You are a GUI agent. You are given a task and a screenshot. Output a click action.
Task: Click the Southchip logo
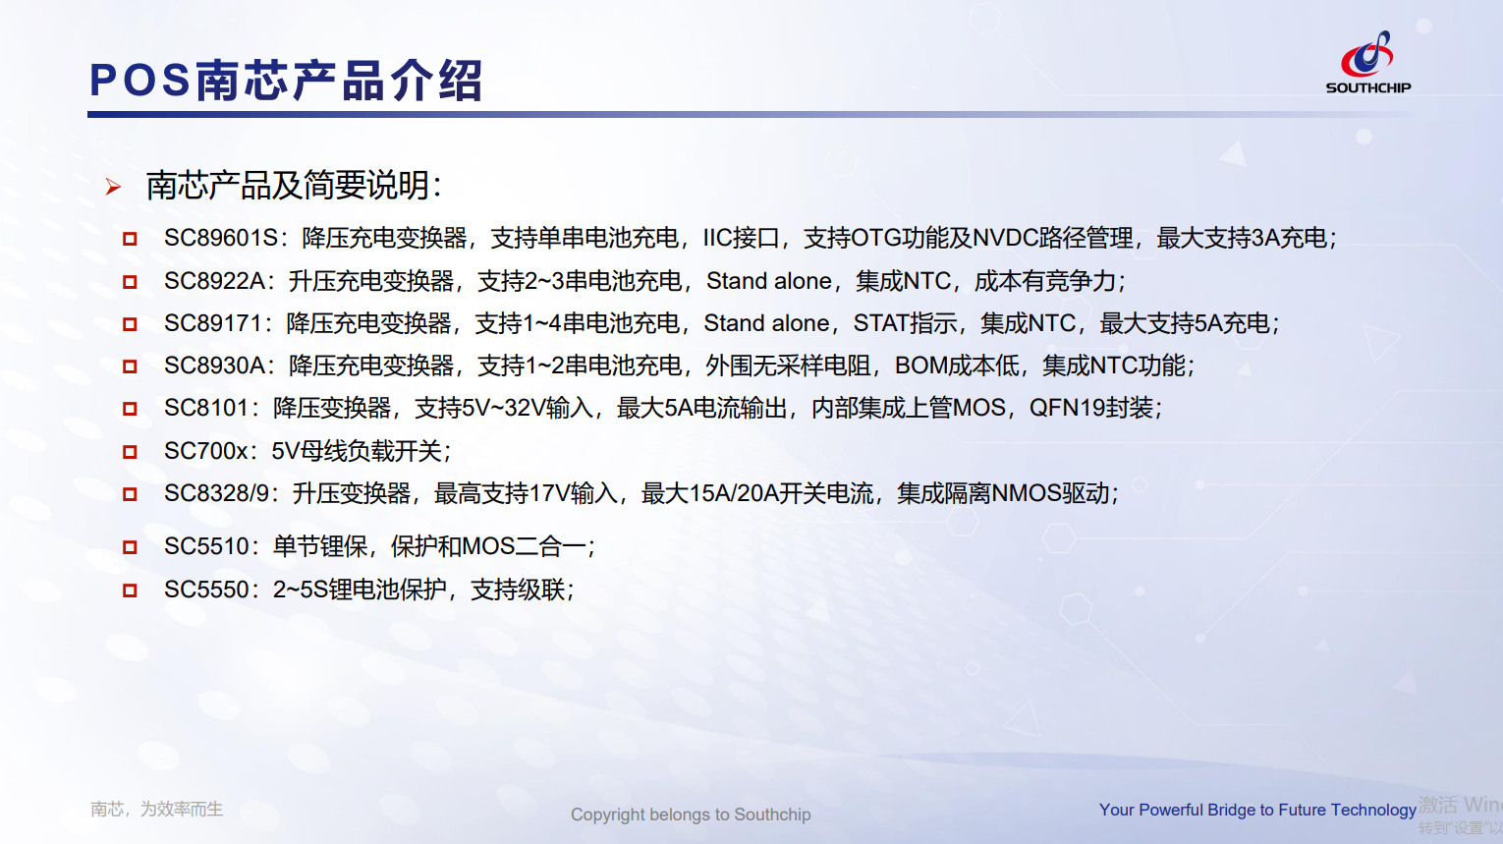(1368, 63)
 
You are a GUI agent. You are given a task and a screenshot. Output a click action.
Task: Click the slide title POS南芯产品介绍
(286, 82)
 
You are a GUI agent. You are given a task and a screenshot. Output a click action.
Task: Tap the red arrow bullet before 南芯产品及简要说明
(113, 187)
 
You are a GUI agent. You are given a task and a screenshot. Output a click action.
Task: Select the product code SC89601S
(221, 238)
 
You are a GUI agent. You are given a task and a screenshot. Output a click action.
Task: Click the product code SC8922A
(215, 281)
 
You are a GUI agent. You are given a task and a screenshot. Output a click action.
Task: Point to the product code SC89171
(213, 323)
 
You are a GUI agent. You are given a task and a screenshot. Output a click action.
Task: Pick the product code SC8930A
(215, 366)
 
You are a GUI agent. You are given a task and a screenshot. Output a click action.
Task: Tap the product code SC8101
(206, 408)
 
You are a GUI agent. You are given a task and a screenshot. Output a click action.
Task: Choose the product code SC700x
(206, 451)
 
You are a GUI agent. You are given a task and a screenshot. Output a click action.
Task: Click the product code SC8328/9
(217, 494)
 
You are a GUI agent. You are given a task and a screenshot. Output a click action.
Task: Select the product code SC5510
(206, 547)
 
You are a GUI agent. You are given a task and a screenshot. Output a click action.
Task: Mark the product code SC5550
(206, 590)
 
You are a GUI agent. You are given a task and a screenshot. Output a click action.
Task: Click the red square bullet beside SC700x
(130, 452)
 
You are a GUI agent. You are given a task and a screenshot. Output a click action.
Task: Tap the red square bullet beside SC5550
(130, 591)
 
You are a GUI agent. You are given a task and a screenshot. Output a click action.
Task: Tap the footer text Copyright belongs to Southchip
(691, 815)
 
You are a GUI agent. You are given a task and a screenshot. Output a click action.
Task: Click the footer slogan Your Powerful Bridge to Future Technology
(1257, 810)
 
